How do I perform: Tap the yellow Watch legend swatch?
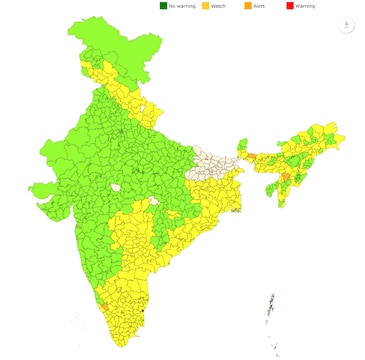pos(206,6)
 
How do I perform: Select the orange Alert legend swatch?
pos(247,6)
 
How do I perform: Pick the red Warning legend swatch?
pos(290,6)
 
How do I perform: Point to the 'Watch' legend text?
pos(219,6)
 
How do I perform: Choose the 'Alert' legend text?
pos(259,6)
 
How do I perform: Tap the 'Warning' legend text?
pos(305,6)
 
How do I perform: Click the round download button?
pos(347,25)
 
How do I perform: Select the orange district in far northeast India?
pos(286,177)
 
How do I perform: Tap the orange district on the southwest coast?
pos(100,297)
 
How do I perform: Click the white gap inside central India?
pos(117,187)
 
